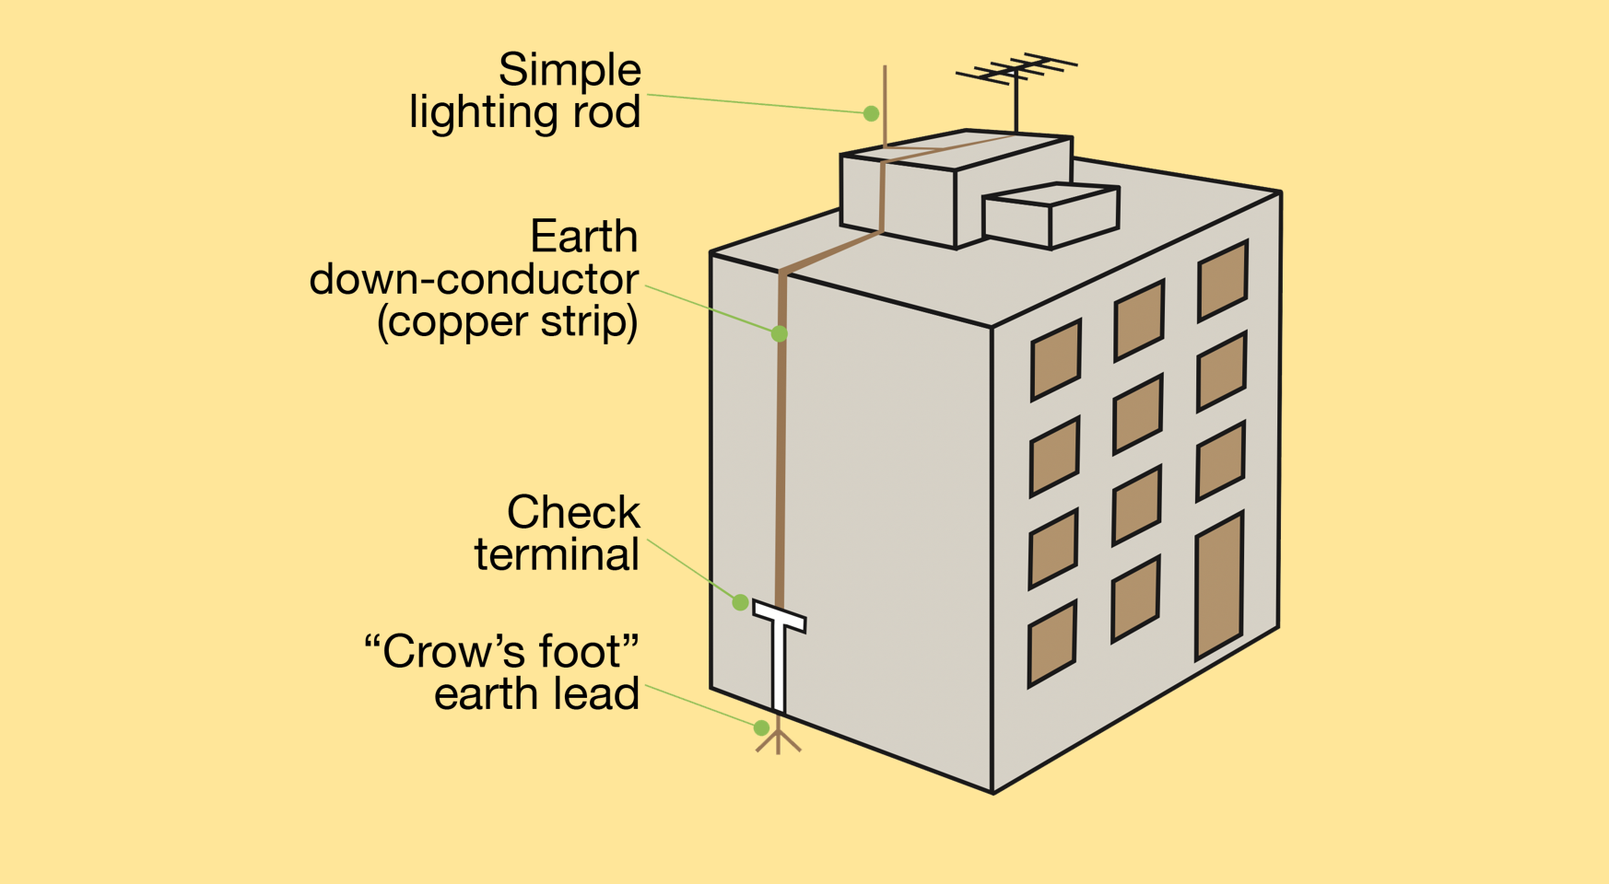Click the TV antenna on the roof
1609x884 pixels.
[1016, 92]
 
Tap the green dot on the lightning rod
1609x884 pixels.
[871, 113]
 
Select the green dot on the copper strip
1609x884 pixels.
[780, 333]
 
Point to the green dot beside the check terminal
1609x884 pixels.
[740, 602]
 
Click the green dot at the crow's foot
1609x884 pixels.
[761, 727]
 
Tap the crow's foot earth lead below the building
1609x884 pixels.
[779, 737]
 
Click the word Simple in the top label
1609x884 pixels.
[570, 70]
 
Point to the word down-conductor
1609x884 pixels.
[474, 279]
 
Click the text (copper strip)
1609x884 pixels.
[508, 322]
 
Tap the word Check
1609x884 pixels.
[573, 512]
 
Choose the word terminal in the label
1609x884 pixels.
[557, 554]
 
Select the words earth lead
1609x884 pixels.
[536, 694]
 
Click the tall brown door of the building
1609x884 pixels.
[1219, 586]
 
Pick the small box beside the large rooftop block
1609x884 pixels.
[1051, 216]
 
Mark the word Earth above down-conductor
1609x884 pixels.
[584, 237]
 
